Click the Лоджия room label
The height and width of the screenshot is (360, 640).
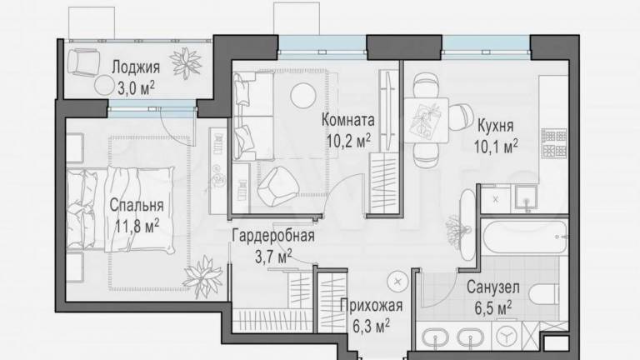pos(136,67)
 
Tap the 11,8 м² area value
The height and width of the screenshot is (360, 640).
pos(137,226)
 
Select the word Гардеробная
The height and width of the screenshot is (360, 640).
pos(273,237)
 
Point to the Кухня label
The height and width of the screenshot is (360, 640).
pos(496,126)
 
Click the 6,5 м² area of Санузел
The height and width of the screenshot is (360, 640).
pos(493,307)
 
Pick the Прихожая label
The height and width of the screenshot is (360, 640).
pos(371,306)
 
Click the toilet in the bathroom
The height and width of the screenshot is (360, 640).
pos(543,293)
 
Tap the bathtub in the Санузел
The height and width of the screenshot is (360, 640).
pos(524,237)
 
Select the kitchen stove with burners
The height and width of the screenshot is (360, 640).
pos(554,142)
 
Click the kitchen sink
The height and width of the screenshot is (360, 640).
pos(527,198)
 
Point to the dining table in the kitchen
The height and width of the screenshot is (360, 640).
pos(426,120)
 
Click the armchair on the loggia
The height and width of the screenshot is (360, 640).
pos(83,62)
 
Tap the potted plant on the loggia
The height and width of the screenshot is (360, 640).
pos(187,62)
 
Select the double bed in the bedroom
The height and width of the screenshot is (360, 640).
pos(121,209)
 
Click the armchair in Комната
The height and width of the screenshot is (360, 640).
pos(277,186)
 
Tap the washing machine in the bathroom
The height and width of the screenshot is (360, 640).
pos(507,336)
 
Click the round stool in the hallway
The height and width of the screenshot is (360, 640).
pos(397,281)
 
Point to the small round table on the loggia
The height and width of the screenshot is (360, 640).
pos(104,86)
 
